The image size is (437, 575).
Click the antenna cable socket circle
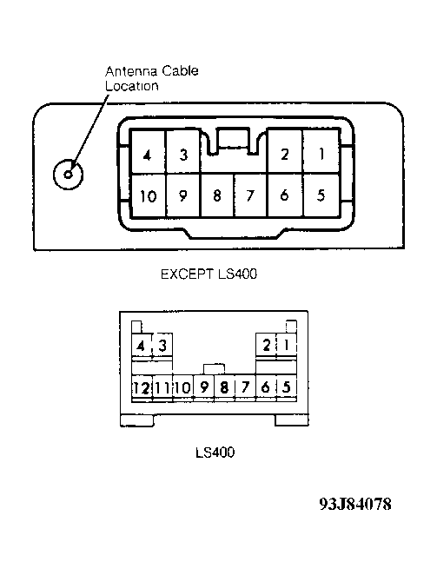point(68,175)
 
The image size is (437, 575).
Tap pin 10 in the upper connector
point(149,195)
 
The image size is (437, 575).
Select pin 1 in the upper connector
point(321,151)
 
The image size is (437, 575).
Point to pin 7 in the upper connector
point(250,195)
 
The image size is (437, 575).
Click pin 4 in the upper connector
point(149,151)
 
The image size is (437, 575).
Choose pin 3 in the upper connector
point(183,151)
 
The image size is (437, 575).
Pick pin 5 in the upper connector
point(321,195)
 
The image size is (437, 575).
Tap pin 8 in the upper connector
point(217,195)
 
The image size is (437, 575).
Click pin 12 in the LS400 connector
point(142,387)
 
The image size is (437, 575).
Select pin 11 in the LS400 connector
point(162,387)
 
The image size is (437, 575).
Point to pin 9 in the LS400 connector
point(203,387)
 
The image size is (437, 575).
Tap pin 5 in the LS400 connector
point(286,387)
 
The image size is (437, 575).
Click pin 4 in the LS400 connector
point(142,345)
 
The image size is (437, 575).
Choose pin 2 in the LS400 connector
point(266,345)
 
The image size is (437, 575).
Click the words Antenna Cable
point(152,70)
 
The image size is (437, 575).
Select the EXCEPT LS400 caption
point(209,274)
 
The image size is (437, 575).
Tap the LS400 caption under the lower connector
point(215,453)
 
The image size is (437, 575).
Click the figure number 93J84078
point(355,504)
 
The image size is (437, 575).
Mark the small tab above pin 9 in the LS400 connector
point(214,369)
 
